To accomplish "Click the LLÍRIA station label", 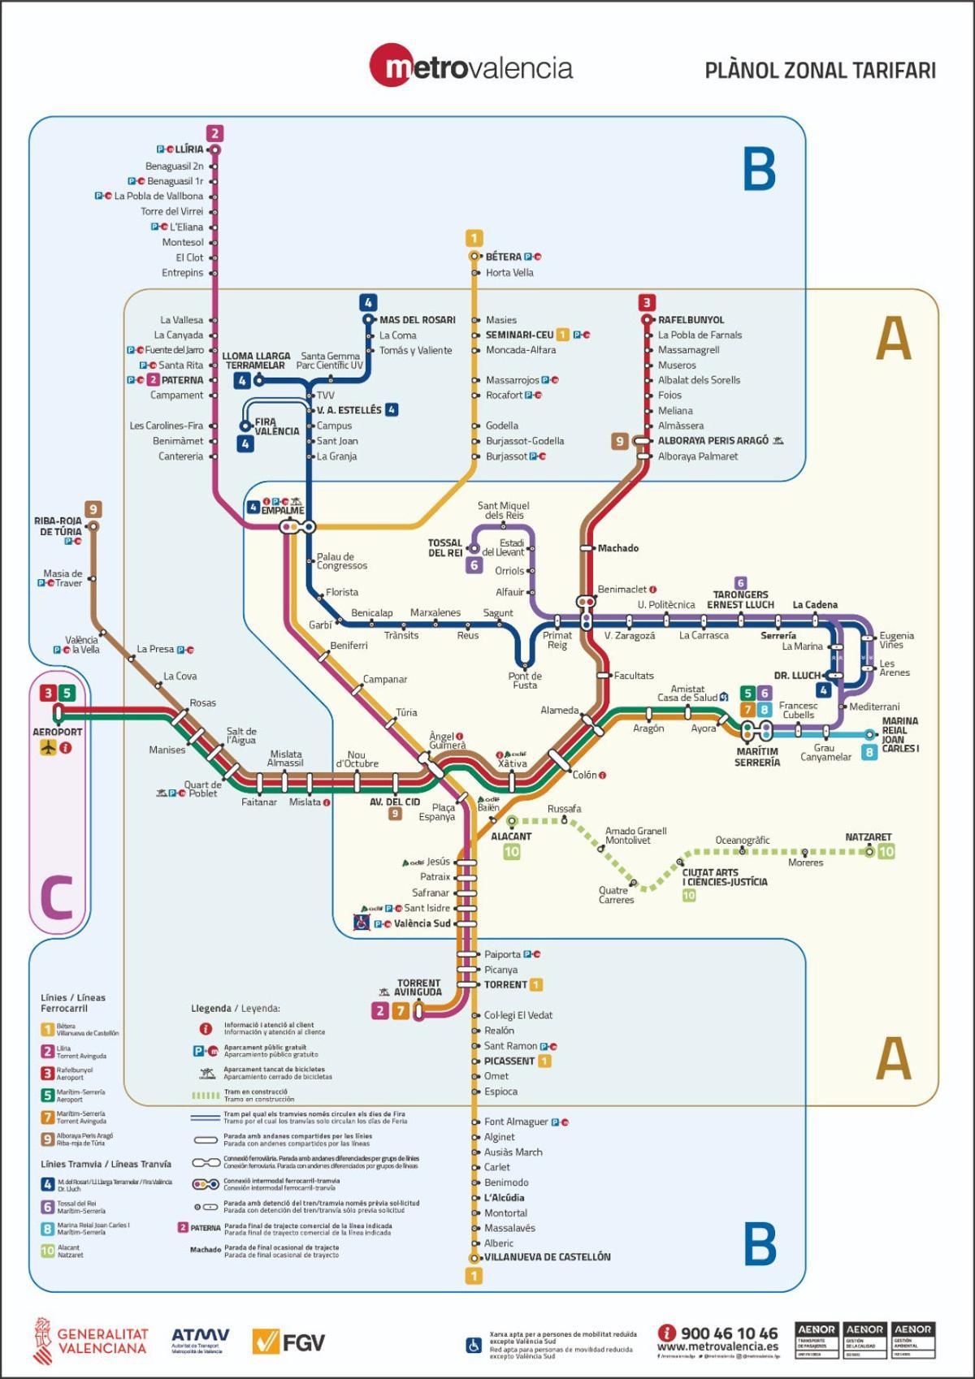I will [x=189, y=149].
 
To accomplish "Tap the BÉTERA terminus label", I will [x=503, y=257].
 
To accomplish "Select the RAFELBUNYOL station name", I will [x=691, y=320].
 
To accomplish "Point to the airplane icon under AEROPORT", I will [x=48, y=747].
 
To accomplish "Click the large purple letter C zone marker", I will [x=56, y=897].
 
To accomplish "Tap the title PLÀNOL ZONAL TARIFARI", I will [x=820, y=71].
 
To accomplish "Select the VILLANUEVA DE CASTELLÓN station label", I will [x=547, y=1257].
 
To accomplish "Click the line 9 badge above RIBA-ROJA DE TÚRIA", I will [x=93, y=510].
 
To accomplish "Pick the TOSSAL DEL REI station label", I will [x=444, y=548].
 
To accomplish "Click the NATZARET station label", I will [x=868, y=836].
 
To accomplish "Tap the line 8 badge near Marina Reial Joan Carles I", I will [x=869, y=752].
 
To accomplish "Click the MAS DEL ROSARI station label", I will [x=417, y=320].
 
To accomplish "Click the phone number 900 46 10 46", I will [x=728, y=1333].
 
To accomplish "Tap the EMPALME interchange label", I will [x=282, y=511].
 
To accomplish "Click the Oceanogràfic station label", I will [x=742, y=841].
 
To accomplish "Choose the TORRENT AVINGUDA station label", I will [x=418, y=988].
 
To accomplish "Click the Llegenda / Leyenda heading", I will [x=235, y=1008].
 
